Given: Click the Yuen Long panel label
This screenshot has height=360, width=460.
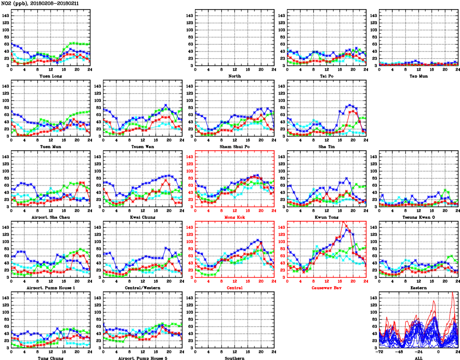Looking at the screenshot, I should [50, 76].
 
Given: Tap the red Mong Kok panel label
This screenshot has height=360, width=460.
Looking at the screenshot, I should [235, 217].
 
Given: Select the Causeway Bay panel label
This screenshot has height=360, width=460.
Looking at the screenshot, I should [327, 288].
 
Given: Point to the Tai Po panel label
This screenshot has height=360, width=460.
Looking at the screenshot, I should [327, 76].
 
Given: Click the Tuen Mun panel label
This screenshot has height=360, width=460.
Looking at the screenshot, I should [50, 146].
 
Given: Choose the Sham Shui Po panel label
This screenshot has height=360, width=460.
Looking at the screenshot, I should [235, 146].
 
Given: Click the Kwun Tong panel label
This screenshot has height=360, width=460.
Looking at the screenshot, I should [327, 217].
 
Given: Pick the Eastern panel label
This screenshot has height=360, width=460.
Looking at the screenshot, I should [419, 288].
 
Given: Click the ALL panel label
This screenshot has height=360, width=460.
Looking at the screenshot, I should [419, 358].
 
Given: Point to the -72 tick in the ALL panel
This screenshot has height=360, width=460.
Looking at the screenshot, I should [379, 352].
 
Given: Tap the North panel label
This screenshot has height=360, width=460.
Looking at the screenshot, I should [235, 76].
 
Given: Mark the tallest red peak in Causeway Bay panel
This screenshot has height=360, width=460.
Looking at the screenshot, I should [344, 222].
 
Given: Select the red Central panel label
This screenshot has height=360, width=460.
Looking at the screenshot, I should [235, 288].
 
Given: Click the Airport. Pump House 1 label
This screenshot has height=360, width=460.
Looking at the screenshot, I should [50, 288].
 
